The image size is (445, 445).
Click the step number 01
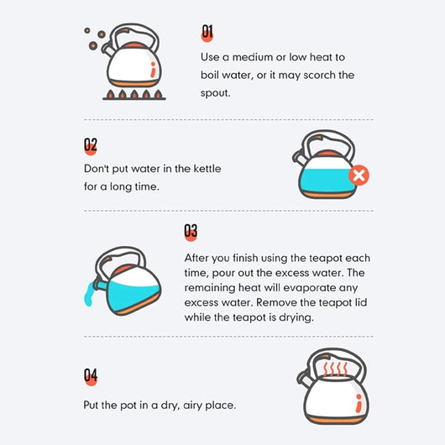click(x=207, y=32)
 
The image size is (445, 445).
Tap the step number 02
click(x=91, y=144)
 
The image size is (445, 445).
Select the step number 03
click(x=191, y=231)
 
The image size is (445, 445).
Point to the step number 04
click(x=91, y=375)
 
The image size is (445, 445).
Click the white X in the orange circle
click(x=359, y=175)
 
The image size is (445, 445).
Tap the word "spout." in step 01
click(x=216, y=93)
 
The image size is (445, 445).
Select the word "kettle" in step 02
click(x=207, y=169)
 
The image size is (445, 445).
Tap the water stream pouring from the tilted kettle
click(x=88, y=294)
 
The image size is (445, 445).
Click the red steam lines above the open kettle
click(x=336, y=369)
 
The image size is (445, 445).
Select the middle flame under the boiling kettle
click(x=134, y=94)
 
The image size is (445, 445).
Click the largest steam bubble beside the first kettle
click(x=93, y=45)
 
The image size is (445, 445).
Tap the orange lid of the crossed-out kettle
click(x=327, y=153)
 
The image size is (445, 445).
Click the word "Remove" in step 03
click(x=276, y=302)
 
